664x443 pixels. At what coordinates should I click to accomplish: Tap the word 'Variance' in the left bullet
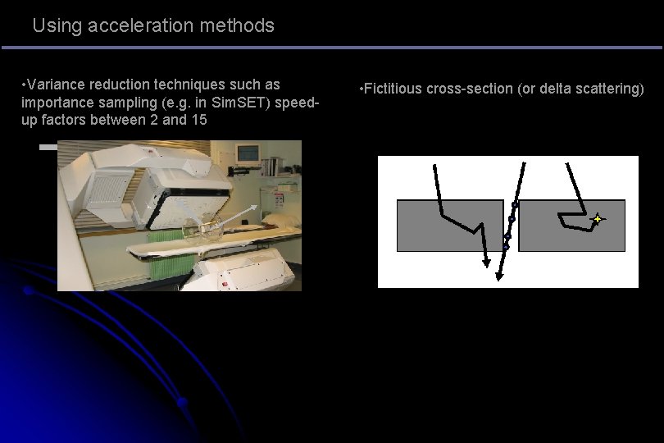(55, 84)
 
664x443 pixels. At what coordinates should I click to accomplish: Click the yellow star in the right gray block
(598, 219)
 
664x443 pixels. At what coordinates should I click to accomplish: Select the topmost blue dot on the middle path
(515, 204)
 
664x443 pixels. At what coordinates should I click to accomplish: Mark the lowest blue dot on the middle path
(506, 246)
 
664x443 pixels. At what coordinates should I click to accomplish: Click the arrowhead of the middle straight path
(499, 276)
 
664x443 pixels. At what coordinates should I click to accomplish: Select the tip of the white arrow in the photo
(258, 206)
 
